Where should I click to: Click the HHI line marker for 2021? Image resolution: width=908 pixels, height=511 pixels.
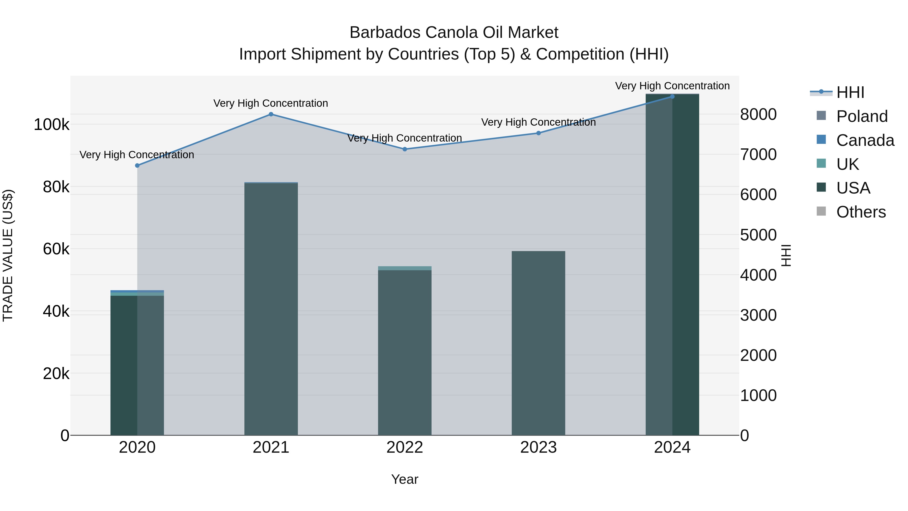[x=271, y=114]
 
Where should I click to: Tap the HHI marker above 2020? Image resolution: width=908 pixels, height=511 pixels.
[x=137, y=165]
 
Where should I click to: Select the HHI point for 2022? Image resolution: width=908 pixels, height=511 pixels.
[x=405, y=149]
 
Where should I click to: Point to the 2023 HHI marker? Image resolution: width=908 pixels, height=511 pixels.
[x=538, y=133]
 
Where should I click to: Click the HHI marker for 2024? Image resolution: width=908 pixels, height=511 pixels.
[x=672, y=97]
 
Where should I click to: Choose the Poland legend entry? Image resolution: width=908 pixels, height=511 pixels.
[x=862, y=116]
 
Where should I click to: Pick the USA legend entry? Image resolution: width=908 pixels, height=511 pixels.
[x=853, y=188]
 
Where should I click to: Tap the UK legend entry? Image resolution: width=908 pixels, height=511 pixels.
[x=847, y=164]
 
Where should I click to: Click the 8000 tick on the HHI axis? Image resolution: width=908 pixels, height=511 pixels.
[x=758, y=115]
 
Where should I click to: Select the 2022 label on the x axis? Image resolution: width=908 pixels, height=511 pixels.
[x=405, y=447]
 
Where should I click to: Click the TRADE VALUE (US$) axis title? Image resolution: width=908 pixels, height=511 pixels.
[x=8, y=255]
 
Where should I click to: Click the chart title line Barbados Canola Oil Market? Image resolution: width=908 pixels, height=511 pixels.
[x=454, y=33]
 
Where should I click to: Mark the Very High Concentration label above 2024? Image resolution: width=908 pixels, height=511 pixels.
[x=672, y=86]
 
